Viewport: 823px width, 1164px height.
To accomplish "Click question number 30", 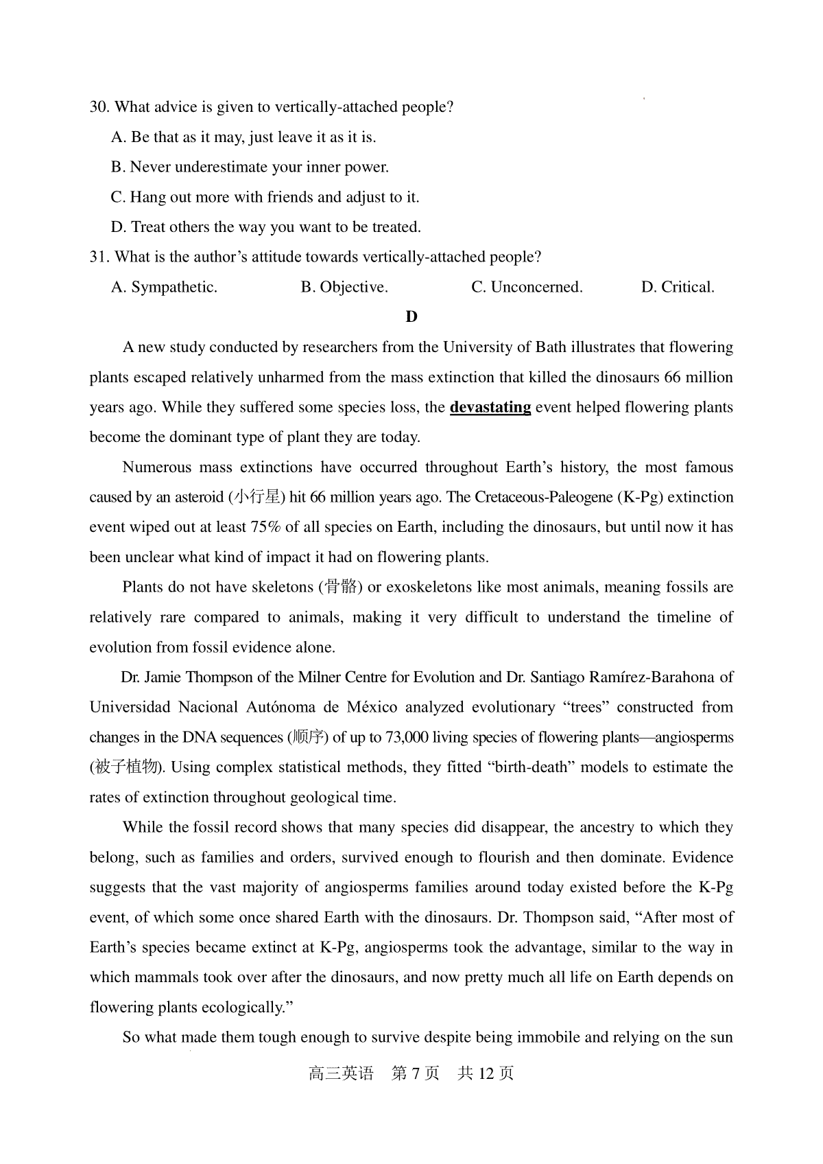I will coord(99,107).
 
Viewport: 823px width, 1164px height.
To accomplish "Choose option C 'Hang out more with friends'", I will coord(265,197).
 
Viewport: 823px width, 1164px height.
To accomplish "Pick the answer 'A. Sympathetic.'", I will coord(164,287).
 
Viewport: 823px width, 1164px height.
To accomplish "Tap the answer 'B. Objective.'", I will coord(344,287).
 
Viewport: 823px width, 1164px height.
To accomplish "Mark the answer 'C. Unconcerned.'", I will coord(527,287).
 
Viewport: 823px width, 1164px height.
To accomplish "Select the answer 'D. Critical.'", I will coord(678,287).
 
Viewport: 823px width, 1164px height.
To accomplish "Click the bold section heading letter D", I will coord(411,316).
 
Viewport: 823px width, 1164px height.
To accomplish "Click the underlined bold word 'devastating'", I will coord(490,407).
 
